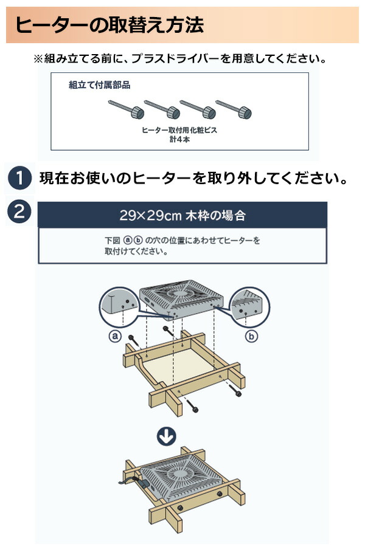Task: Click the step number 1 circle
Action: pyautogui.click(x=21, y=179)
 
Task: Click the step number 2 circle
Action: pyautogui.click(x=21, y=212)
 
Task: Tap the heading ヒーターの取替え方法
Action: pyautogui.click(x=109, y=26)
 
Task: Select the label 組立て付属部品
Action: pyautogui.click(x=100, y=85)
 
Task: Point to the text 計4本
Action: pyautogui.click(x=179, y=140)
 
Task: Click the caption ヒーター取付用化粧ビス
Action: pyautogui.click(x=179, y=131)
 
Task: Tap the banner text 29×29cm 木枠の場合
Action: pyautogui.click(x=182, y=215)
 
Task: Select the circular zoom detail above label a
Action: pyautogui.click(x=119, y=308)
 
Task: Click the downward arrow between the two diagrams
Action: pyautogui.click(x=167, y=435)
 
